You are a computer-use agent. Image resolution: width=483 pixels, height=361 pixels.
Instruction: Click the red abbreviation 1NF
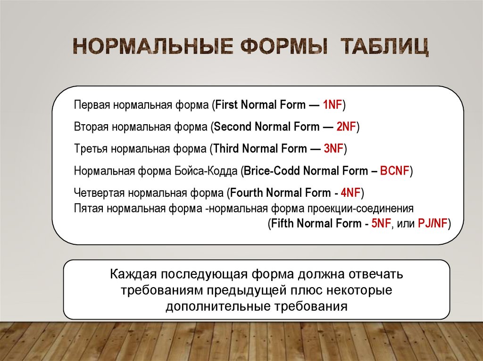pyautogui.click(x=333, y=105)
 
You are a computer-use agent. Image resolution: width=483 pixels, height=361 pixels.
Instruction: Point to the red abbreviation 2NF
pyautogui.click(x=347, y=127)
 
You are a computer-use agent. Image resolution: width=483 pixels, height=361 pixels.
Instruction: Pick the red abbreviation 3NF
pyautogui.click(x=333, y=149)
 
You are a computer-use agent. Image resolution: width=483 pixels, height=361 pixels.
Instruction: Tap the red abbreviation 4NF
pyautogui.click(x=350, y=193)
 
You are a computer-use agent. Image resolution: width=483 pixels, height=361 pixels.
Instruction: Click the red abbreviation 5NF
pyautogui.click(x=381, y=224)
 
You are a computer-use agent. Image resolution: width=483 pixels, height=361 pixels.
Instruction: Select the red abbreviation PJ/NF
pyautogui.click(x=433, y=224)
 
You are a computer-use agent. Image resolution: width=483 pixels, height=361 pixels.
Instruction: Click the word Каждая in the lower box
pyautogui.click(x=133, y=274)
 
